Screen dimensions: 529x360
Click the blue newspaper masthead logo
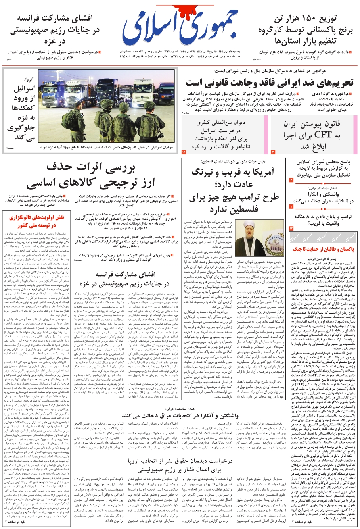(180, 28)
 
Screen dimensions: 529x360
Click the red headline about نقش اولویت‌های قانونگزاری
(36, 221)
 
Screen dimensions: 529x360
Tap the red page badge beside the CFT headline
(273, 152)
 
